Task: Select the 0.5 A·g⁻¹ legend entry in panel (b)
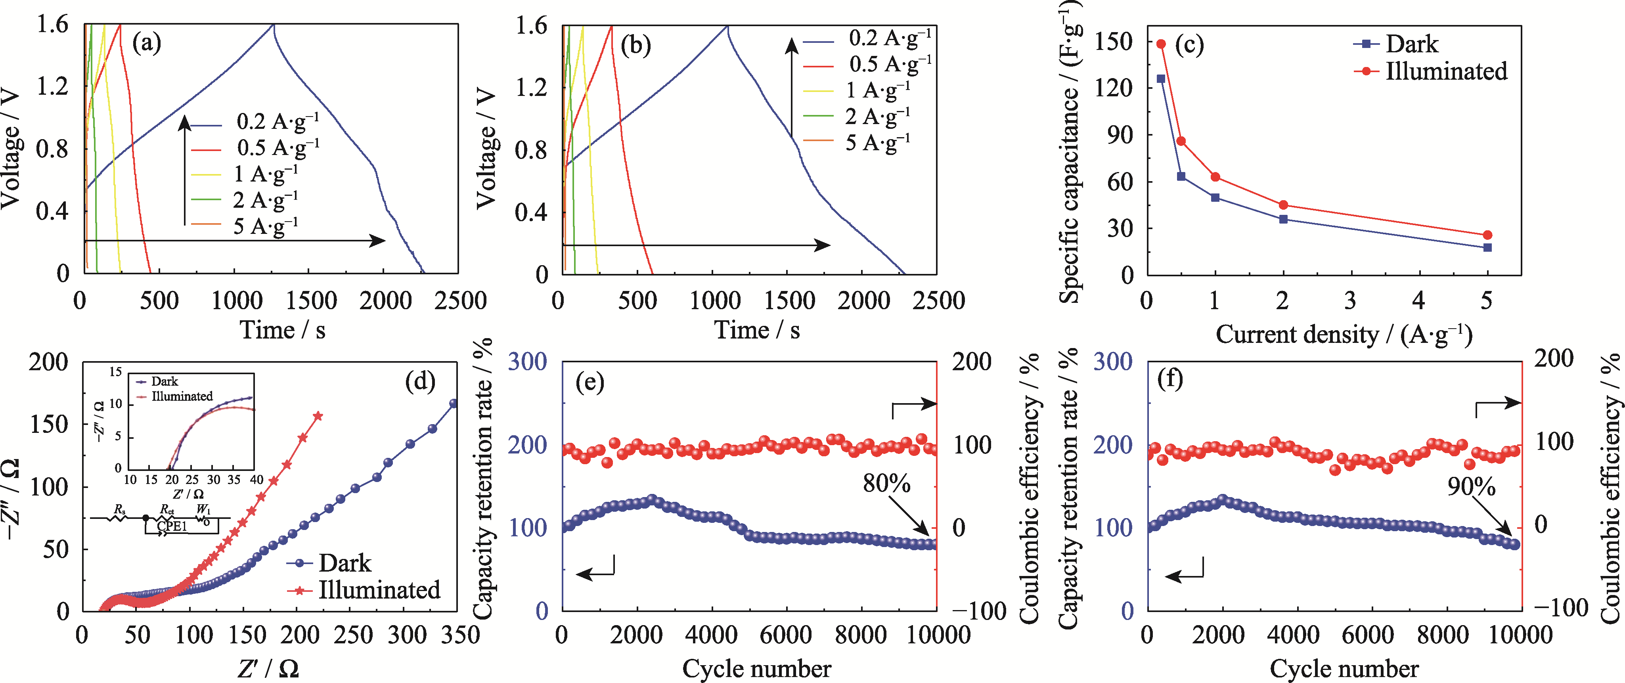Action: pos(890,64)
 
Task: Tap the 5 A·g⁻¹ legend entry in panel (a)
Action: pos(265,226)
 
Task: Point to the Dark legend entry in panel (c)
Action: pos(1412,44)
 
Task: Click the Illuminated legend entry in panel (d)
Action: pos(379,590)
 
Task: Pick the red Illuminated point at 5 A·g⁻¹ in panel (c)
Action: pos(1487,235)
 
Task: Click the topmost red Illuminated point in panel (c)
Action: pos(1161,44)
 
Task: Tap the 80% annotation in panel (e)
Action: pos(886,484)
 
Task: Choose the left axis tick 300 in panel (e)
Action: pos(527,362)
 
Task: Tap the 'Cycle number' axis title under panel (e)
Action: pos(756,668)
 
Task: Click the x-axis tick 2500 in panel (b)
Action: pos(939,301)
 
